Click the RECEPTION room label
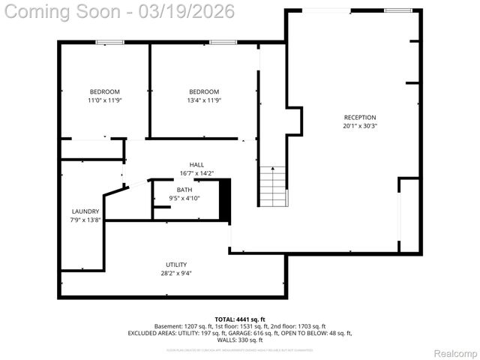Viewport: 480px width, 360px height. point(359,118)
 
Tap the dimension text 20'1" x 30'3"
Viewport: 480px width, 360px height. point(359,126)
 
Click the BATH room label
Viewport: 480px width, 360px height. point(184,190)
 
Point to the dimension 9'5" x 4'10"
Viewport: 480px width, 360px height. point(184,198)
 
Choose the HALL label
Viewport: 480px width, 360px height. point(196,164)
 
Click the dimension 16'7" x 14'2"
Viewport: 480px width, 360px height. point(196,173)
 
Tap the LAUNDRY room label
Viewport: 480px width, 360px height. point(85,211)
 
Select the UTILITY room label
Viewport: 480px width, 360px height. point(176,265)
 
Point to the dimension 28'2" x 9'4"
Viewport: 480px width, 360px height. point(176,274)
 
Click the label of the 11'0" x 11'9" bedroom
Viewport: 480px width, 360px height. point(104,91)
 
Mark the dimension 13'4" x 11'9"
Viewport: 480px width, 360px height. point(204,100)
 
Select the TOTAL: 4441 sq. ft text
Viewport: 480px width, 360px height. point(239,319)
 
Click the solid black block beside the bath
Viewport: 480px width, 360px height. point(224,199)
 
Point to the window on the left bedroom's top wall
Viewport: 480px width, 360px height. point(114,42)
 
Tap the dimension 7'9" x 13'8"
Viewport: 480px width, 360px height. point(85,220)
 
